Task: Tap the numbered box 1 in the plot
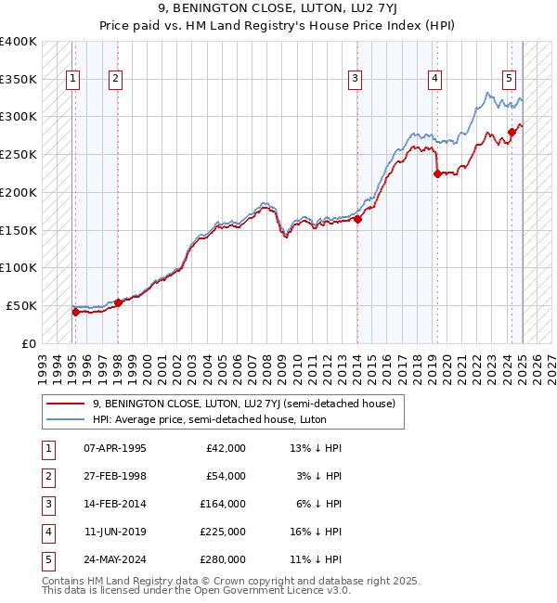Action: [x=73, y=80]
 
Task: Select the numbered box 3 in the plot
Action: [x=356, y=80]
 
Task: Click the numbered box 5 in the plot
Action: [x=510, y=80]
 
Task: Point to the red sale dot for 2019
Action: [x=437, y=173]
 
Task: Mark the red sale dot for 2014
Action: [x=357, y=219]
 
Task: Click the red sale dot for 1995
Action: [x=75, y=312]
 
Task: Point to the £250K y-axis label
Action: [x=18, y=154]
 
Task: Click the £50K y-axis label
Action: [x=21, y=305]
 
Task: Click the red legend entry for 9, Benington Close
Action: [x=244, y=404]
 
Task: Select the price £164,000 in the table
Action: [x=223, y=504]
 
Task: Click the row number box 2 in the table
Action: [x=47, y=476]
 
